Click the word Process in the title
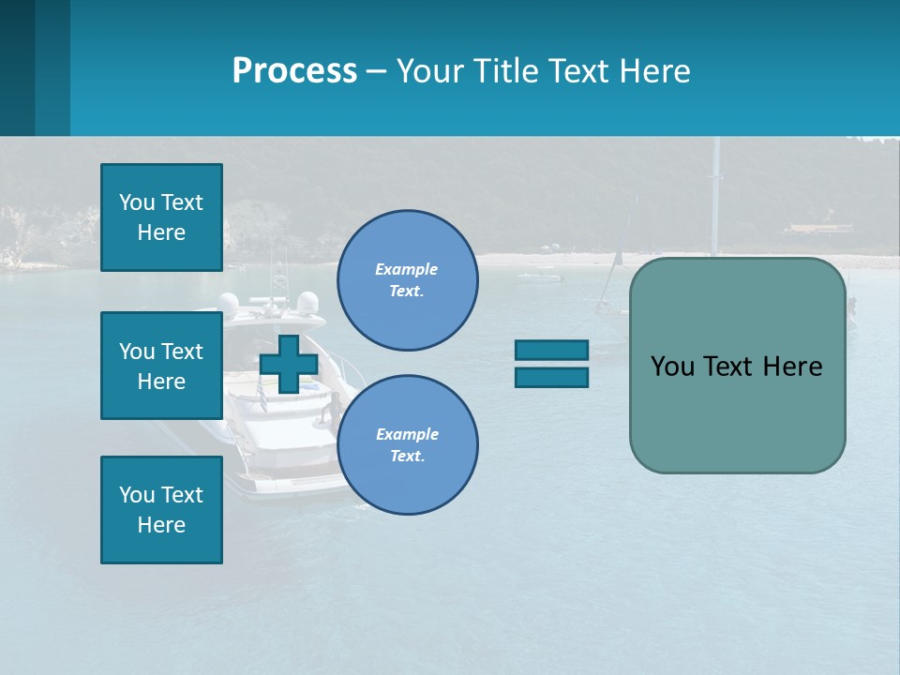click(294, 70)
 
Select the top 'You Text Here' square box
click(161, 217)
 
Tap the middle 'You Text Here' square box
click(161, 366)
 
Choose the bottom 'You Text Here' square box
click(161, 509)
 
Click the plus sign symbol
click(288, 364)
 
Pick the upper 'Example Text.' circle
click(407, 279)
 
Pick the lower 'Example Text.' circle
click(407, 444)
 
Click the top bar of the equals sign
click(551, 350)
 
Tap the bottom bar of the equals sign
click(551, 377)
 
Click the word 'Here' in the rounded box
click(792, 367)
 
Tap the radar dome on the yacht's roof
click(307, 302)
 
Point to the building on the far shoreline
click(817, 229)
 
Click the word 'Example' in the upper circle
click(407, 269)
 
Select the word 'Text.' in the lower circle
click(407, 456)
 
